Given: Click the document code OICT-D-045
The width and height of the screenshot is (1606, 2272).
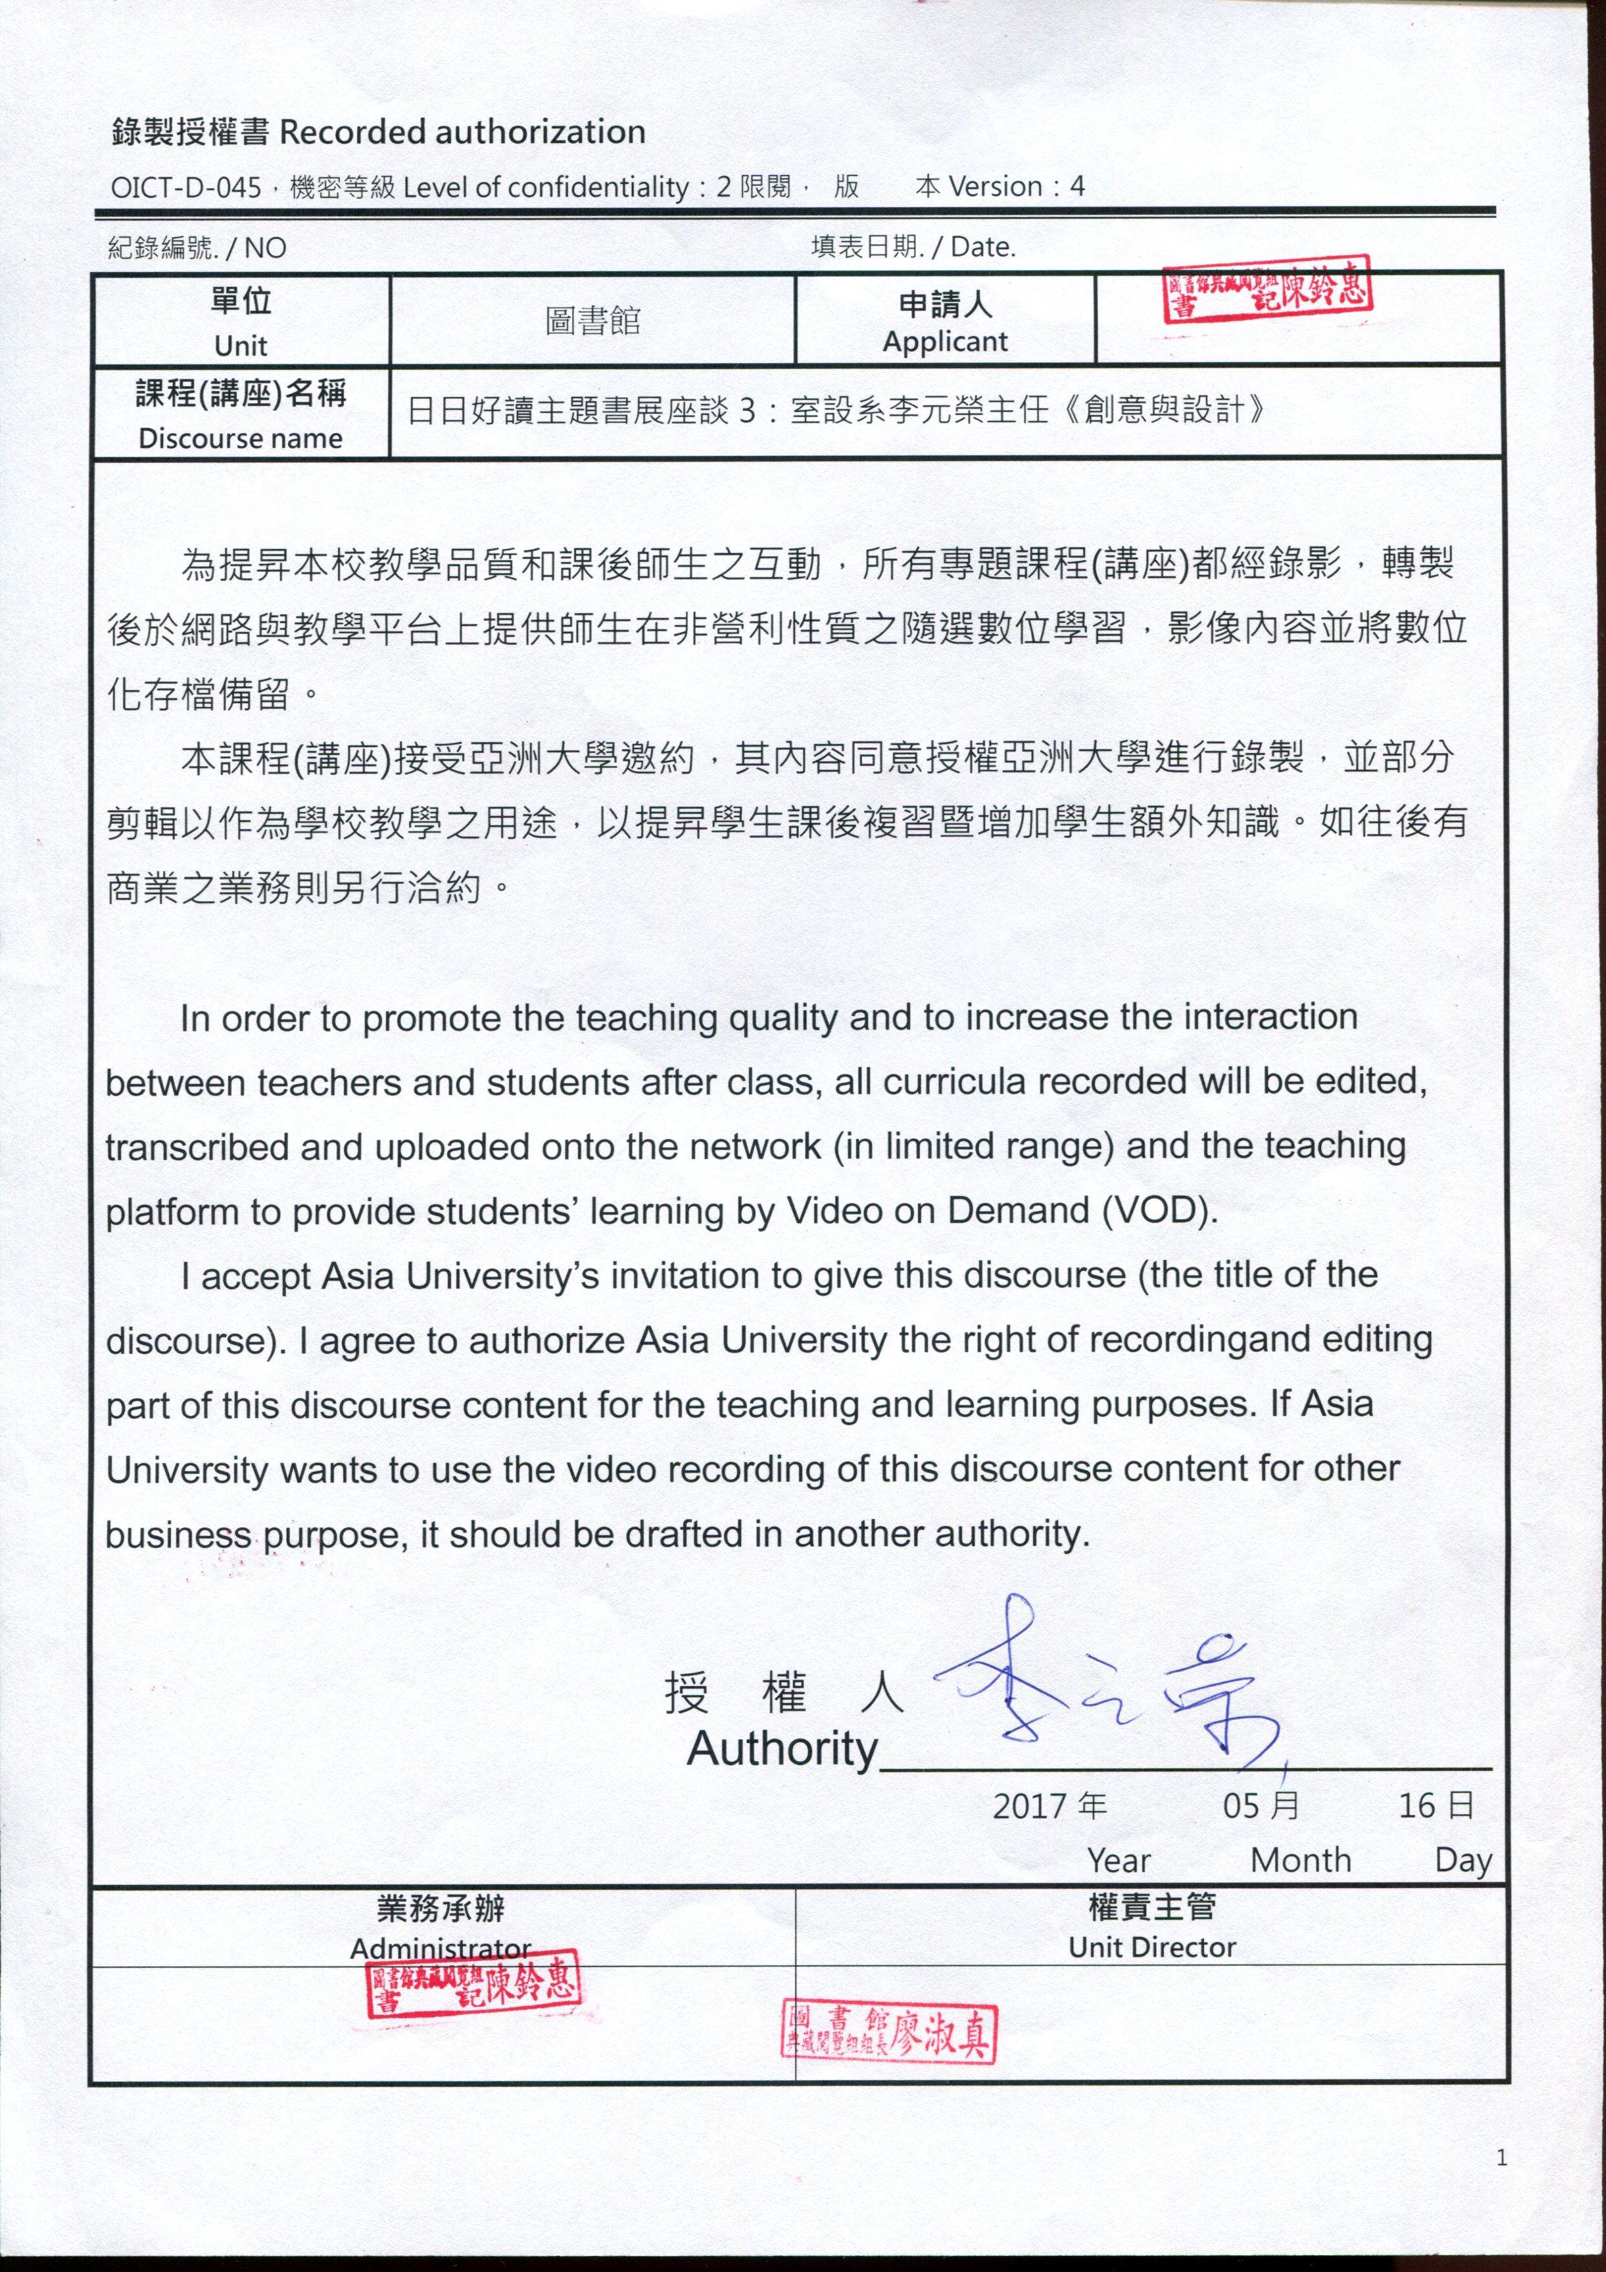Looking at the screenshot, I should (x=185, y=187).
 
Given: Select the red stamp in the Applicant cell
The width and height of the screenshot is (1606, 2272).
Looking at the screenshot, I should (x=1267, y=290).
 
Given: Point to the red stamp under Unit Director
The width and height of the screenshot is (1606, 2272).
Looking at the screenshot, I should (x=889, y=2030).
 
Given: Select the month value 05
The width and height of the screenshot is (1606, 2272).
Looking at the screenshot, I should (x=1242, y=1806).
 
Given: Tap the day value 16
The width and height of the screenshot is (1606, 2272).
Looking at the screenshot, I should (x=1416, y=1806).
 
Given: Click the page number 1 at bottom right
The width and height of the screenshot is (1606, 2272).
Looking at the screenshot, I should (x=1502, y=2157).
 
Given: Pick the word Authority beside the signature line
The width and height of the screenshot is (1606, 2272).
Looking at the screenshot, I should (x=783, y=1749).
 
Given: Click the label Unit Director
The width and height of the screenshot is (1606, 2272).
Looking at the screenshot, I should (x=1152, y=1948).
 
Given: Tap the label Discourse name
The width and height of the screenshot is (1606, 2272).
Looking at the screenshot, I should (x=240, y=438).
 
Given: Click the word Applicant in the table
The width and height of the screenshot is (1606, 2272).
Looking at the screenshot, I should (x=945, y=341).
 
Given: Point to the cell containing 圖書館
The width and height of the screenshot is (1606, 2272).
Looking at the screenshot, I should (x=593, y=321).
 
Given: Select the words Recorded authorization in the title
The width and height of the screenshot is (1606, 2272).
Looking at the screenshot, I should (x=462, y=131).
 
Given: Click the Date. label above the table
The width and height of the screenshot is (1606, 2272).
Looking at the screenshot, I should (x=983, y=247).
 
